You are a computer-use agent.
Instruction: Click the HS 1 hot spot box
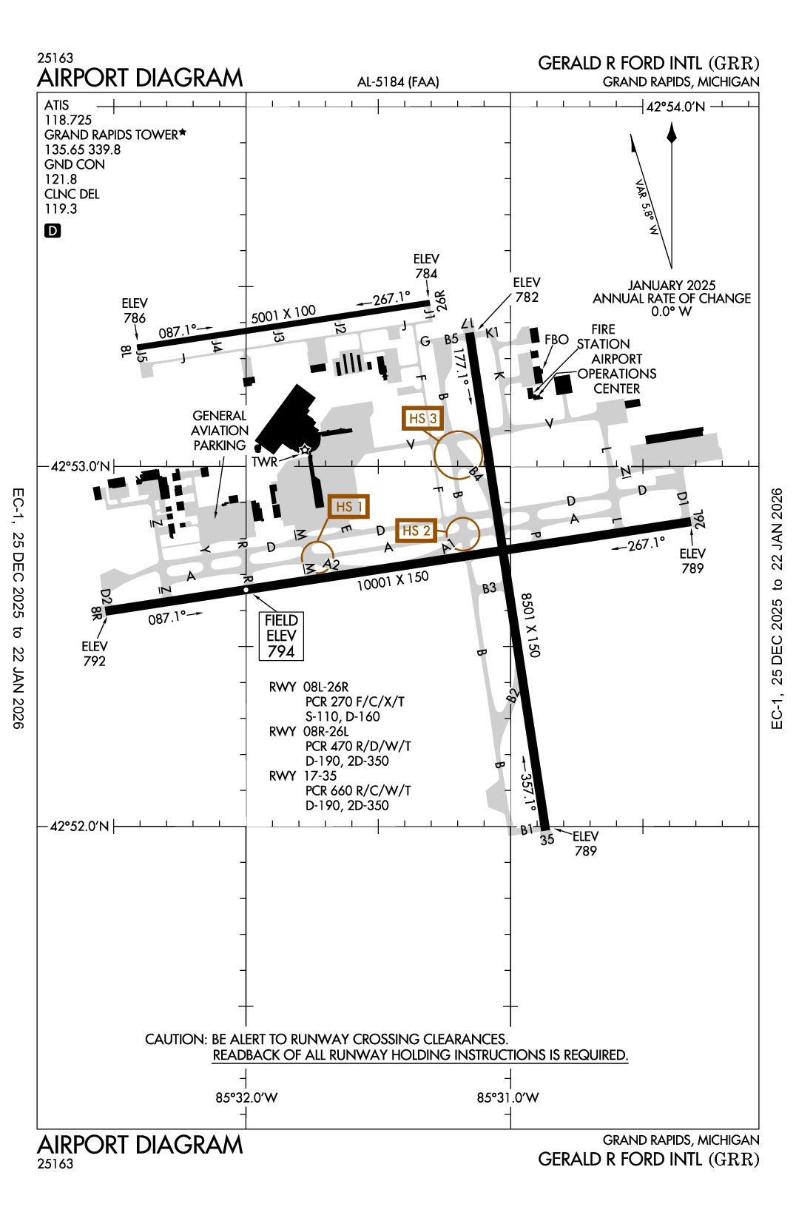(348, 506)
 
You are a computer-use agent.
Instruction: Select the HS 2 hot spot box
(416, 531)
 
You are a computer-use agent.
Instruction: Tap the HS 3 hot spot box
(422, 418)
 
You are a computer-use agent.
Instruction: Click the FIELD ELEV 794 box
(281, 636)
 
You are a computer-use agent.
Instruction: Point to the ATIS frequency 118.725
(68, 120)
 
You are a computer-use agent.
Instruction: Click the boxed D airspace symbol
(53, 231)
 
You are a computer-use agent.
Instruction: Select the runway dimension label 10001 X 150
(392, 581)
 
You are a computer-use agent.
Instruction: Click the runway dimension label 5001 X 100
(283, 314)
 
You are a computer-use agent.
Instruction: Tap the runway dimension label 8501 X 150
(530, 625)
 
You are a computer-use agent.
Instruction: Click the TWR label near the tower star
(264, 462)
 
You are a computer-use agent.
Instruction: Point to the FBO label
(556, 340)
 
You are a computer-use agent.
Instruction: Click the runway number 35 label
(547, 840)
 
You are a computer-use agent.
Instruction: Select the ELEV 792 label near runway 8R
(94, 653)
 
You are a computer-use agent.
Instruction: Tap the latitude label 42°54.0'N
(675, 107)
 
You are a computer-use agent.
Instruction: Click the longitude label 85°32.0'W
(246, 1097)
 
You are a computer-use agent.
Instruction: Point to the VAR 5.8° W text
(646, 208)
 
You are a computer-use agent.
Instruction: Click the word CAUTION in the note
(175, 1039)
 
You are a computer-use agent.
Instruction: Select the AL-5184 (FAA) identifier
(398, 81)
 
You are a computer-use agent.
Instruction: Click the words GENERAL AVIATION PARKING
(219, 430)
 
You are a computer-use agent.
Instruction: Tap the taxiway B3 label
(489, 588)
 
